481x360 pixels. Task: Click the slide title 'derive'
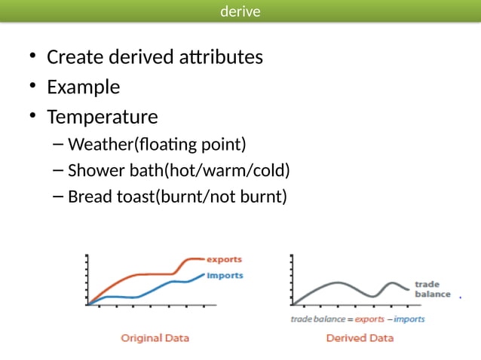(240, 11)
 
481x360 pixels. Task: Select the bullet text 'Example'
(83, 87)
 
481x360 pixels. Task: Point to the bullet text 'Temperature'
(102, 117)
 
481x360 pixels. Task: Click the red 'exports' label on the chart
(224, 260)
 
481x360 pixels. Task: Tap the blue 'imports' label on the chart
(225, 276)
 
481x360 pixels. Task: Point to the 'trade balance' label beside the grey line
(432, 289)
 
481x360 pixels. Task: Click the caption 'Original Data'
(155, 337)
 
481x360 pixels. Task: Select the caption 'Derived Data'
(360, 337)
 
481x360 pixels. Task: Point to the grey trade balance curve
(339, 283)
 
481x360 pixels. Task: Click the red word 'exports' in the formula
(370, 319)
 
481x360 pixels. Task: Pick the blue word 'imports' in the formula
(409, 319)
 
